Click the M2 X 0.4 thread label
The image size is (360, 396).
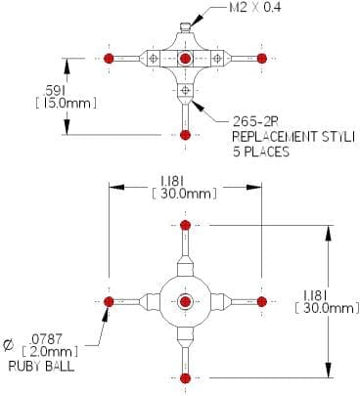click(255, 8)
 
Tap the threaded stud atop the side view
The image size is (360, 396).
click(186, 27)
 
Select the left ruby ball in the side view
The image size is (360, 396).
click(109, 59)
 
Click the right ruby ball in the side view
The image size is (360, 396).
click(262, 59)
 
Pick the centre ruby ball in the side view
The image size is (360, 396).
click(186, 59)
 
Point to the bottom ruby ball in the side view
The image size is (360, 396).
click(185, 135)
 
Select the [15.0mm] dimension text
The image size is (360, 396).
click(66, 104)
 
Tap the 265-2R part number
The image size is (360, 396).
click(256, 122)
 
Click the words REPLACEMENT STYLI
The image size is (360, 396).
click(293, 137)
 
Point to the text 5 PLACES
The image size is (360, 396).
click(261, 152)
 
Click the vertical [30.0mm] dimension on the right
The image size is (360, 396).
click(327, 308)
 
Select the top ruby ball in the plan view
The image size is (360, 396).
click(185, 225)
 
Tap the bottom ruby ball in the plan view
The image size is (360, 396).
click(185, 378)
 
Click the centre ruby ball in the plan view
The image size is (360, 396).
click(185, 301)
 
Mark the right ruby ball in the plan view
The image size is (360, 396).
click(262, 301)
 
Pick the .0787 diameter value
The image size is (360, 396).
click(45, 339)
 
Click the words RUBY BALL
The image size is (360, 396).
click(41, 367)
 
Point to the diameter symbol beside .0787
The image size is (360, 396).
click(9, 345)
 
